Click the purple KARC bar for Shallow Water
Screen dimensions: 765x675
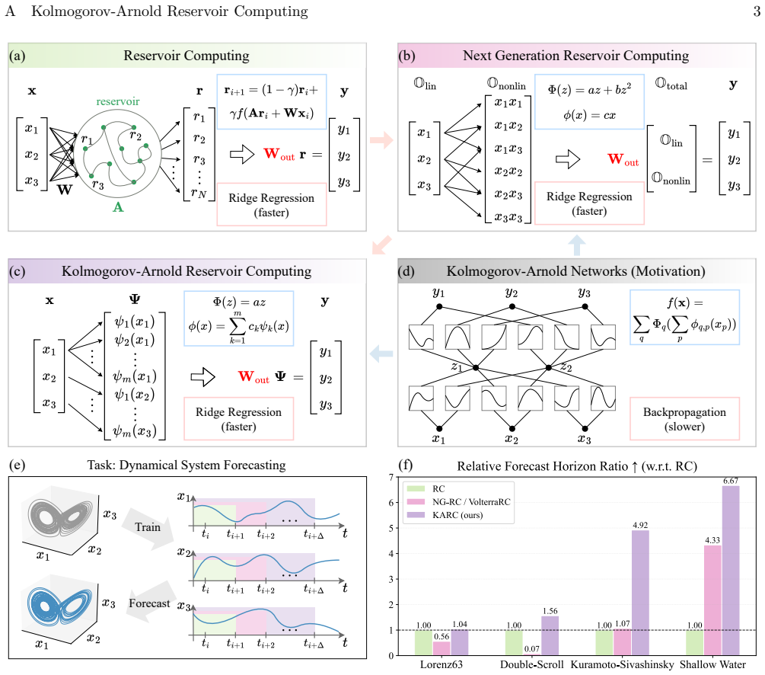(x=730, y=571)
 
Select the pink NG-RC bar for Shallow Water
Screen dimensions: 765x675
(x=712, y=600)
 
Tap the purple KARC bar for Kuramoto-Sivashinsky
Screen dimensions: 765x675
(x=640, y=593)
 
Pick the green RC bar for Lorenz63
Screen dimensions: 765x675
(x=423, y=643)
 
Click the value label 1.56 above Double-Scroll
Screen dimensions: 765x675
(x=550, y=611)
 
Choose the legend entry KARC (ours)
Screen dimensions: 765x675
(x=457, y=515)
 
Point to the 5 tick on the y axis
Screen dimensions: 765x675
(x=390, y=528)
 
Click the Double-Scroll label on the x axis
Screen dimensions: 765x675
(x=532, y=664)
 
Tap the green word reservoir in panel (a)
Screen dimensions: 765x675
(x=117, y=101)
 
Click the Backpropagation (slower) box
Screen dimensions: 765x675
(x=684, y=418)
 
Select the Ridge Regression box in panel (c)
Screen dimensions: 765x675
(x=238, y=418)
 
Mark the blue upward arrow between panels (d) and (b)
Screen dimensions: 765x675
(x=577, y=245)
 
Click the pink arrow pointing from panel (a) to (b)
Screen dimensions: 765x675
(x=381, y=140)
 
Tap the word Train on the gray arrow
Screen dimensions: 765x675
(x=148, y=527)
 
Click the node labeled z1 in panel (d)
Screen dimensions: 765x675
(x=476, y=367)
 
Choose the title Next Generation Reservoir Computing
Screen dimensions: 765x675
(x=575, y=56)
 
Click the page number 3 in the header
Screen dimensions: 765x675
(x=757, y=11)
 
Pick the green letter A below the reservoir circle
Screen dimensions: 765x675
(x=118, y=207)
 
